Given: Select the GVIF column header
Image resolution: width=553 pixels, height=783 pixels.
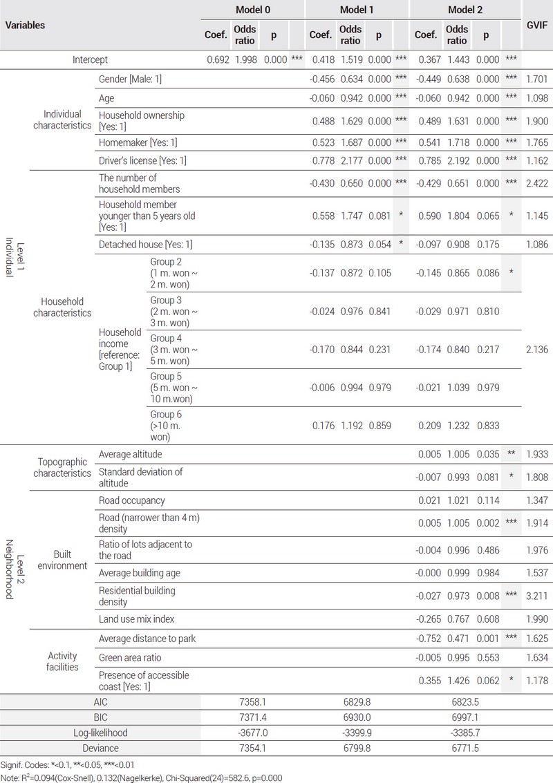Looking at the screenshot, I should click(537, 25).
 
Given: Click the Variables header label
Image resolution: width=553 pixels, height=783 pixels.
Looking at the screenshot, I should click(26, 25).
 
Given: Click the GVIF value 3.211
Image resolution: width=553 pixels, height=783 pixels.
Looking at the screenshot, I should click(536, 596).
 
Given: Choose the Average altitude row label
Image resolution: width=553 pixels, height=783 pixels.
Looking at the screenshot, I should click(132, 454).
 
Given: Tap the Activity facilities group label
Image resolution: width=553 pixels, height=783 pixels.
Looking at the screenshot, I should click(62, 661).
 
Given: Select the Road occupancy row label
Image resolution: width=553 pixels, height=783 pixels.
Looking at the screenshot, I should click(132, 500).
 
